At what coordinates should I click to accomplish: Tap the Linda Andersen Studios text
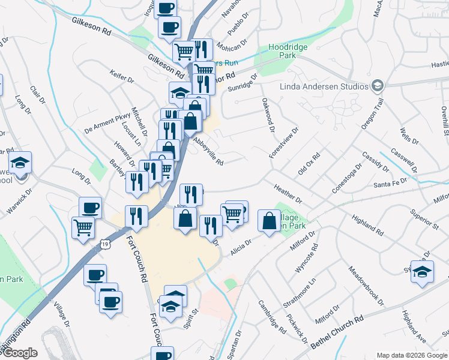click(x=324, y=86)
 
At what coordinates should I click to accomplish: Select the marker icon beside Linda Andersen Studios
click(x=377, y=86)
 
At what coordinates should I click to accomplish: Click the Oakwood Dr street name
click(x=267, y=117)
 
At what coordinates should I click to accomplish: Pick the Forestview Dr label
click(x=284, y=142)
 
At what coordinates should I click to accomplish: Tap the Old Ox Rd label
click(x=309, y=163)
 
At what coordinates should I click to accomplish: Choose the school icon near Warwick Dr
click(x=20, y=164)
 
